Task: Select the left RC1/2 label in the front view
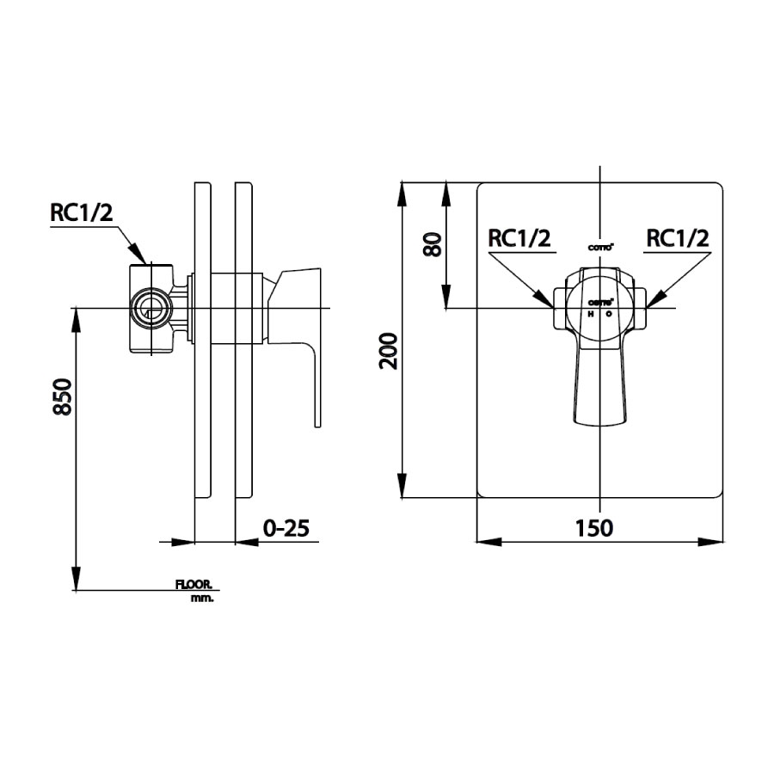519,238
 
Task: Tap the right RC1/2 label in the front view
678,238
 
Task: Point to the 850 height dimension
62,397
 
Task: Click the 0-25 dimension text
286,528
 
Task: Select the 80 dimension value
433,244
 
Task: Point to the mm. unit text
203,597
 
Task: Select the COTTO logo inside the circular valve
599,302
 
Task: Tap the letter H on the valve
591,315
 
